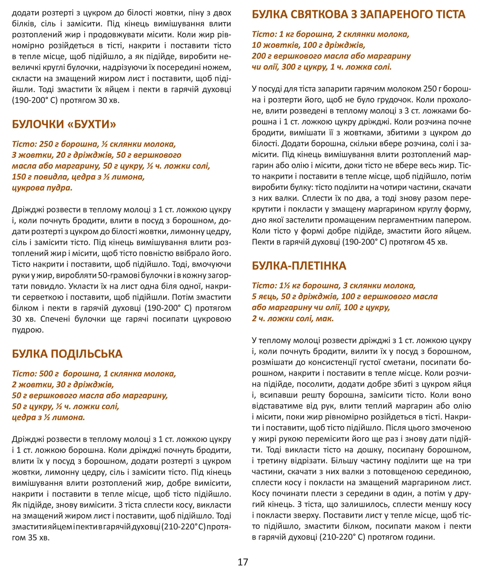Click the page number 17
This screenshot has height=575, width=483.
[243, 562]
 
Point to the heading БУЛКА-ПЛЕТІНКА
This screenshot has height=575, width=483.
[299, 266]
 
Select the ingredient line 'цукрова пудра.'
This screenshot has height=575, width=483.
[42, 188]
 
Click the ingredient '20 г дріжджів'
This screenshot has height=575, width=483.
[85, 155]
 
